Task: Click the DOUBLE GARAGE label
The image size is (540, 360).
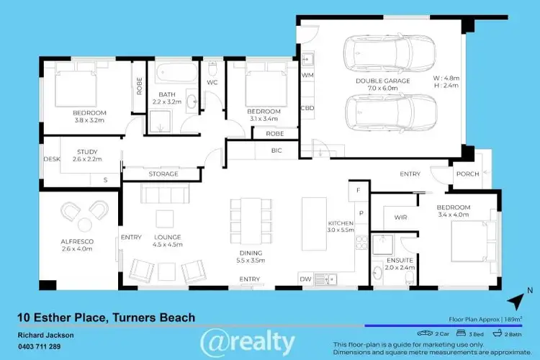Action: tap(382, 81)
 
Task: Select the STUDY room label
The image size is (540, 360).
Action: tap(87, 152)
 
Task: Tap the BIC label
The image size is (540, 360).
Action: tap(276, 150)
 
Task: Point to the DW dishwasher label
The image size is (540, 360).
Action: tap(306, 279)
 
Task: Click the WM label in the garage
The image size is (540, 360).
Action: tap(307, 75)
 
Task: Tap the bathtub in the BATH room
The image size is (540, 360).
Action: tap(176, 73)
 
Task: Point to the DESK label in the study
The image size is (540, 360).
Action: tap(51, 159)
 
